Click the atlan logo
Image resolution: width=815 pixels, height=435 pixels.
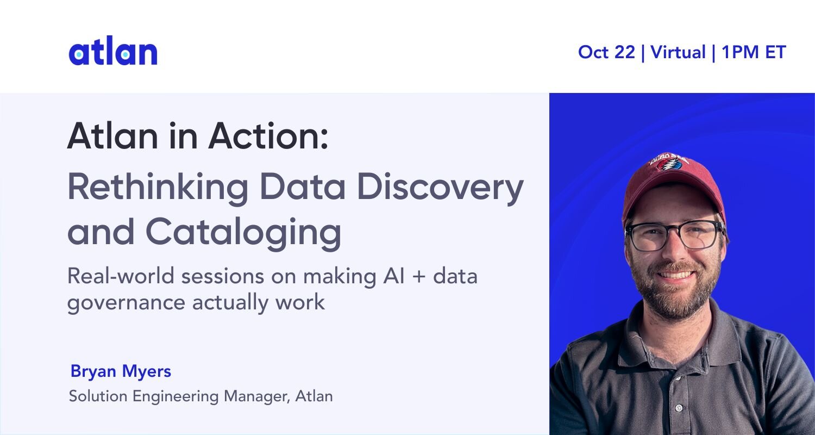coord(113,51)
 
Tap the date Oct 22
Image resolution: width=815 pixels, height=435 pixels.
coord(606,52)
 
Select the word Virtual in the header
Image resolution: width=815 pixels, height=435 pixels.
coord(678,52)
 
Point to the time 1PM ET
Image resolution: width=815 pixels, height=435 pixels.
coord(754,52)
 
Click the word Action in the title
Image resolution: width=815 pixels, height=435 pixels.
coord(268,136)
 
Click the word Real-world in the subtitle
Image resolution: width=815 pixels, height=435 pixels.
coord(121,276)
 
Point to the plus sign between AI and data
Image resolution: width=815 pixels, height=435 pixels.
coord(419,277)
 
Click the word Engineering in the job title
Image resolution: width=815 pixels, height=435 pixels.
coord(175,396)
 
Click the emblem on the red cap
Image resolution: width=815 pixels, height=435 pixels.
coord(669,162)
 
